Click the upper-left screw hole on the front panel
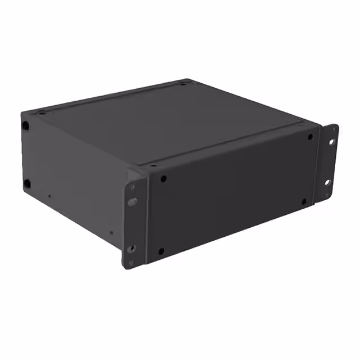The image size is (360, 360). tap(163, 179)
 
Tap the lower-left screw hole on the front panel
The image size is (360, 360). tap(161, 251)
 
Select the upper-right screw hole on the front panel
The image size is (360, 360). tap(310, 137)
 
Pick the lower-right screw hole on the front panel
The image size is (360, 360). tap(304, 201)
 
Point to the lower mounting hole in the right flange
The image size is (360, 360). tap(327, 182)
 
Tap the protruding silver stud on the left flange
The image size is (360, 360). tap(132, 201)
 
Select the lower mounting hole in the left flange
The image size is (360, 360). tap(131, 247)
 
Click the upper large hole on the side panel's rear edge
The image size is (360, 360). tap(25, 125)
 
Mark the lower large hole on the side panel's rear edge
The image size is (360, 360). tap(26, 183)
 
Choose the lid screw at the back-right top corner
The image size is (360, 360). tap(183, 84)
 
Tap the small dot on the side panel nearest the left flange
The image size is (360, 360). tap(111, 232)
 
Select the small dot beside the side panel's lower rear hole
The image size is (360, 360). tap(49, 196)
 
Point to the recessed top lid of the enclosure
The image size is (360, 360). tap(174, 121)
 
